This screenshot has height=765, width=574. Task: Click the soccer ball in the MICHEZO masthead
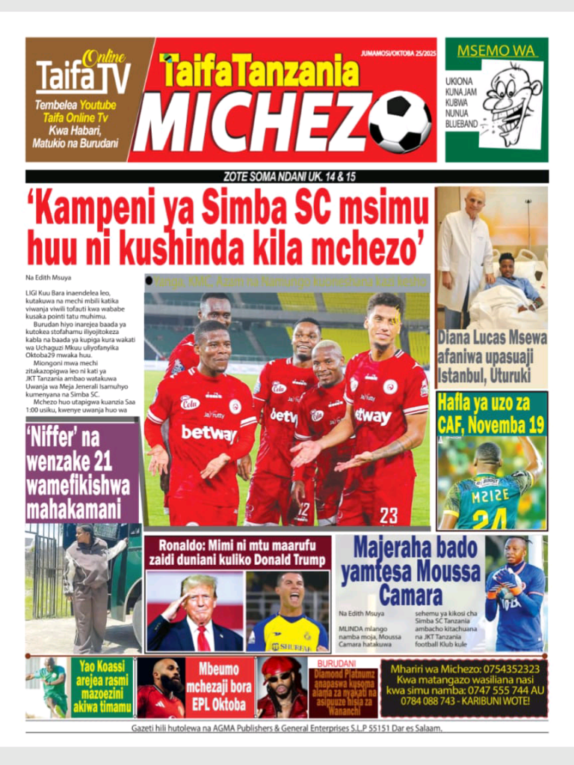pos(400,121)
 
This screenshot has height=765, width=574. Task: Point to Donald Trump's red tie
pos(203,637)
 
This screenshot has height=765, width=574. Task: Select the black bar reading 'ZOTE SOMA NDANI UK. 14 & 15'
pos(287,176)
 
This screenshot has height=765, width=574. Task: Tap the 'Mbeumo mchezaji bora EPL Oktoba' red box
pos(220,687)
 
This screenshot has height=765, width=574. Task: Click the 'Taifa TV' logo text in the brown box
pos(83,76)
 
